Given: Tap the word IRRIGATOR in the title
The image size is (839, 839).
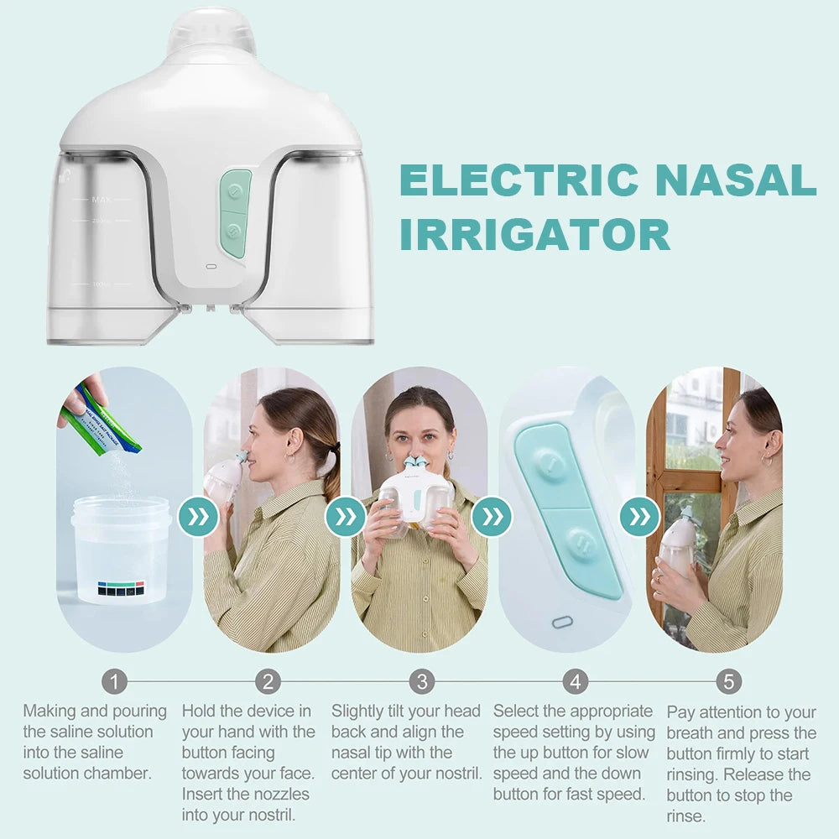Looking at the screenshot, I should [x=534, y=234].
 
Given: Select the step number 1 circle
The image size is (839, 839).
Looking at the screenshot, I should [x=115, y=680].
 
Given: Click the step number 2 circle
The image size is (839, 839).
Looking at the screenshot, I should [x=268, y=680].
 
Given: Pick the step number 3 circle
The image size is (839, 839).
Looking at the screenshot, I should [x=422, y=680].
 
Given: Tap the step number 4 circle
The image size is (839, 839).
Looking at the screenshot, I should [x=575, y=680].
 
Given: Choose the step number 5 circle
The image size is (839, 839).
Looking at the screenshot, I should [x=728, y=680].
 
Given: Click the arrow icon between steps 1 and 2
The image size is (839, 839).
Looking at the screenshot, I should [x=198, y=517].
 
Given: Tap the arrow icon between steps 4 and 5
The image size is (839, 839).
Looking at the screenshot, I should [x=640, y=517].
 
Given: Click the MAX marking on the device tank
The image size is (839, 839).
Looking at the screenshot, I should [x=102, y=200].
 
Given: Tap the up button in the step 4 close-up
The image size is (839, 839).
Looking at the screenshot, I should [x=549, y=464].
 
